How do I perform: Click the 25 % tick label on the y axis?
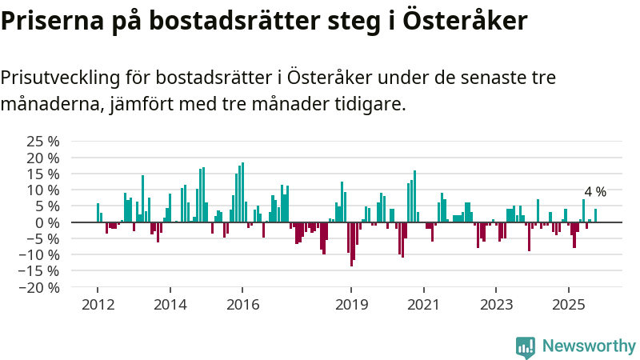click(x=43, y=142)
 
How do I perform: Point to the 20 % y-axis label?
click(x=43, y=158)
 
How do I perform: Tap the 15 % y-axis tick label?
click(x=43, y=174)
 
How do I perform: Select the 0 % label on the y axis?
click(x=47, y=222)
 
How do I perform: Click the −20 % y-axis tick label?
click(x=40, y=287)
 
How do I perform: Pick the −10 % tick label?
click(x=40, y=255)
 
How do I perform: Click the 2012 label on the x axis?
click(x=97, y=305)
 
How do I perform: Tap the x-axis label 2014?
click(x=170, y=305)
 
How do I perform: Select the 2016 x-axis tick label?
click(x=242, y=305)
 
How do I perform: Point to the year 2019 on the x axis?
click(x=350, y=305)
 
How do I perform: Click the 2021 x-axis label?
click(x=423, y=305)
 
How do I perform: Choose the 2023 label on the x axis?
click(x=496, y=305)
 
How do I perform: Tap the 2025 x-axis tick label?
click(x=568, y=305)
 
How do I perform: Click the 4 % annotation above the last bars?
click(x=595, y=192)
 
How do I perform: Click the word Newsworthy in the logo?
click(x=589, y=346)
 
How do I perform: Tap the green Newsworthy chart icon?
click(x=526, y=346)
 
